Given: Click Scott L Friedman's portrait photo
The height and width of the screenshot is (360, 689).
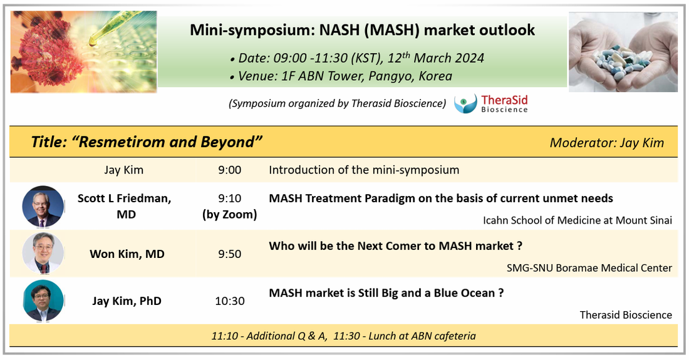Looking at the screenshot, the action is point(43,206).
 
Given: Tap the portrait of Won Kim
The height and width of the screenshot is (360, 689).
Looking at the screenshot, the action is point(43,254).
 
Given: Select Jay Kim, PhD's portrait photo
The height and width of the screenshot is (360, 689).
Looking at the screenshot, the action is point(43,301).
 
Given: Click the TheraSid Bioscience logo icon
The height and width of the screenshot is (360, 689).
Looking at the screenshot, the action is point(465,103).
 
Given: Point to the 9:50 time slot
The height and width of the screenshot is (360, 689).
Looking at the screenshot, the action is point(230,254).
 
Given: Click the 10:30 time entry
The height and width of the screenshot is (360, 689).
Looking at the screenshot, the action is point(230,301).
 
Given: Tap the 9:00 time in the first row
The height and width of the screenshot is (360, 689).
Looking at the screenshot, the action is point(230,170).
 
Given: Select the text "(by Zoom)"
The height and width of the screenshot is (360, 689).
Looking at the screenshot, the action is point(230,215).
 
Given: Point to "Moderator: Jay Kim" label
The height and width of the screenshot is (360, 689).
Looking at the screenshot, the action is point(607,143).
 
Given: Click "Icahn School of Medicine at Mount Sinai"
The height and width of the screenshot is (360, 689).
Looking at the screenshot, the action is point(578,220).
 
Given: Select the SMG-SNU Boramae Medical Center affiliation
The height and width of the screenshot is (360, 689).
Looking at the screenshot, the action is point(589,268).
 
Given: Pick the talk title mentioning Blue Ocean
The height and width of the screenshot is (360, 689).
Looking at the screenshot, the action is point(386,293).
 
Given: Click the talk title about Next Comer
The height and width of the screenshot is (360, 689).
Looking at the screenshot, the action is point(395,245).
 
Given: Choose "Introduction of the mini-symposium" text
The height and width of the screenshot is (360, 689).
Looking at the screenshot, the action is point(364,170).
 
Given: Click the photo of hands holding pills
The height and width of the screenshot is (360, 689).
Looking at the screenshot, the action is point(623,52).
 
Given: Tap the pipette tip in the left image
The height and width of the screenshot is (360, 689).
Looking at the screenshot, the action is point(92,43).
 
